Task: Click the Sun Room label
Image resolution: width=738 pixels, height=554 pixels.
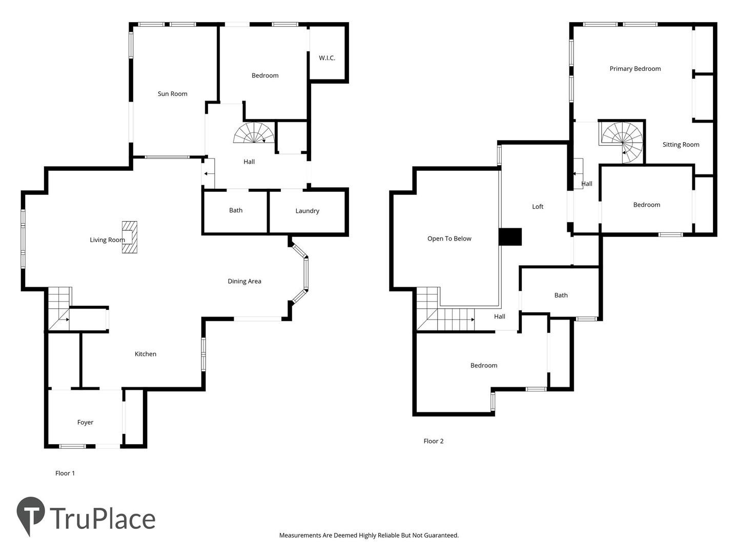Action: [173, 94]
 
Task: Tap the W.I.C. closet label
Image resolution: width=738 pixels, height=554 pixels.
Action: [327, 58]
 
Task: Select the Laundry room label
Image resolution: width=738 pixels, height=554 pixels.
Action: [307, 211]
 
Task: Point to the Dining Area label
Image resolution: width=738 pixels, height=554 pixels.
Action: [244, 281]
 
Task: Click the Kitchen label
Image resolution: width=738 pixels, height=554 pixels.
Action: [145, 354]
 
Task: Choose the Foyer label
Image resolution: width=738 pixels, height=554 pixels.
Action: [85, 423]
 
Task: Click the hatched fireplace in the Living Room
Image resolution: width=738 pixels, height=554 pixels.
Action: [130, 237]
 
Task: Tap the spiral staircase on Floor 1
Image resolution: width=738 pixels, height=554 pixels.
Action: [254, 133]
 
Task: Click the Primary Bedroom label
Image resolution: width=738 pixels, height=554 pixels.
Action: [635, 69]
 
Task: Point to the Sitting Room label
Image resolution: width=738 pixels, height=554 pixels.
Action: [681, 145]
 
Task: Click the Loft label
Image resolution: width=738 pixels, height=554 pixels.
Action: [538, 207]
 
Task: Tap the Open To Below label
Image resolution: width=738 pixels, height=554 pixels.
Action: [449, 239]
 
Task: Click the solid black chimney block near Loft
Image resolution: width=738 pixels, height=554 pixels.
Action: [510, 237]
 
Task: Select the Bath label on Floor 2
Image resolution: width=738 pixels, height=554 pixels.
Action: [561, 295]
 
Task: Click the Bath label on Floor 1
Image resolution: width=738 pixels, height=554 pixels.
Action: [236, 210]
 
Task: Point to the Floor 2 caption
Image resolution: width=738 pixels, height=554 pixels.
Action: [434, 441]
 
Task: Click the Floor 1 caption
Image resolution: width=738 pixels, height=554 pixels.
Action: [65, 473]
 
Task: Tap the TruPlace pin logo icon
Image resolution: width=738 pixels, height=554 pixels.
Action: [31, 516]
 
